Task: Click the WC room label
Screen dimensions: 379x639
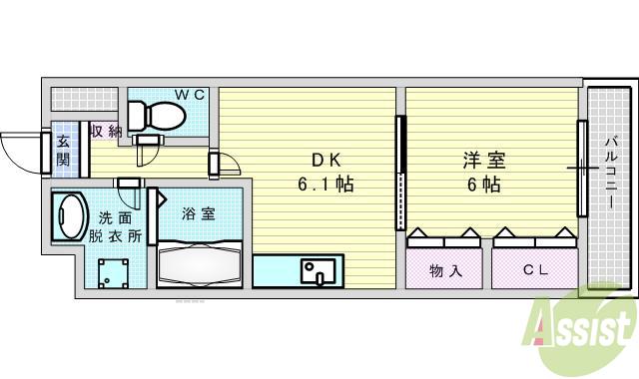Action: [191, 95]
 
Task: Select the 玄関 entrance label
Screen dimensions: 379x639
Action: [63, 149]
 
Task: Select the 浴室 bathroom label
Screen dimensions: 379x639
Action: [198, 213]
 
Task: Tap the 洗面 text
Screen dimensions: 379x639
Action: [114, 217]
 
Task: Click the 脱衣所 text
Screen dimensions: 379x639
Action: [114, 237]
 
